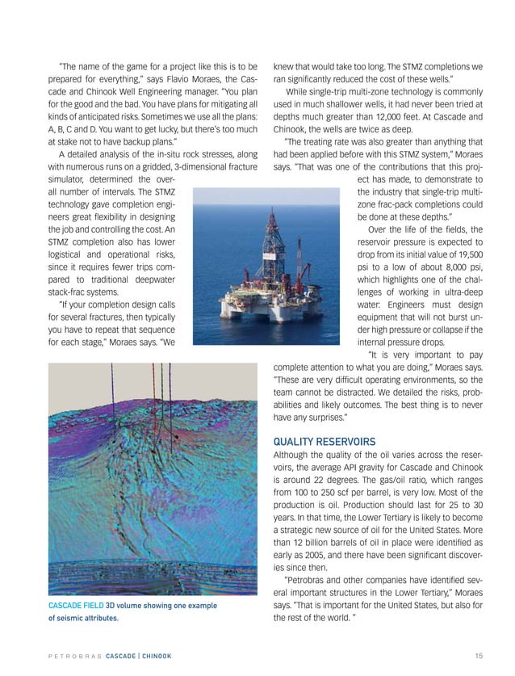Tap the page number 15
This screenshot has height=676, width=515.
480,653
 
